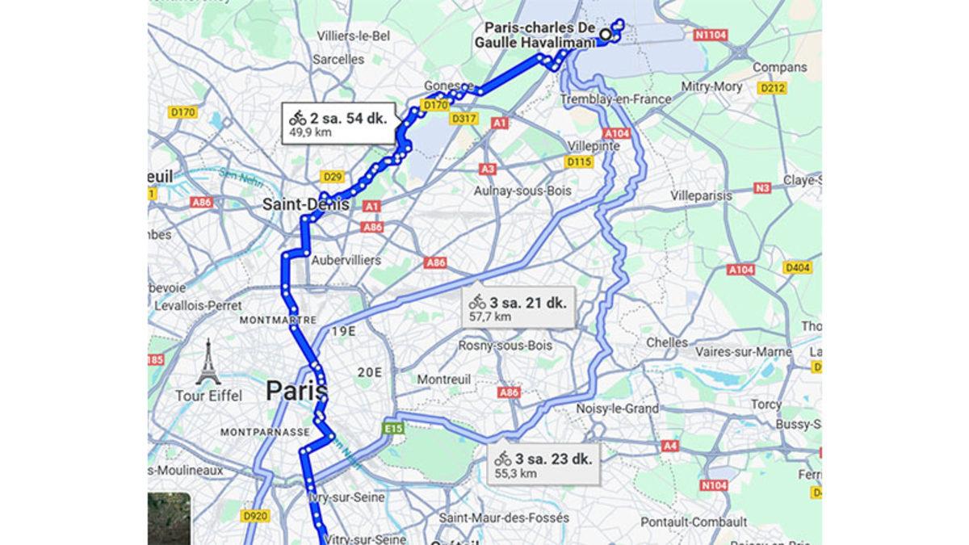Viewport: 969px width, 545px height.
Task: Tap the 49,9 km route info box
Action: click(338, 124)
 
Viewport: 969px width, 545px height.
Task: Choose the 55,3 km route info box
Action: click(545, 465)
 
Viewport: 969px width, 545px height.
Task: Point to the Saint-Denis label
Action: click(306, 205)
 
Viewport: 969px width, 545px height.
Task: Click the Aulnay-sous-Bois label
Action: click(523, 191)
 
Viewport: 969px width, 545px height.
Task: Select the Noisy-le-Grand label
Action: click(618, 409)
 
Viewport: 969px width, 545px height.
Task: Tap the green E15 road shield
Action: click(395, 428)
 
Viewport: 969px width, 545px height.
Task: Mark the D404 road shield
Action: click(798, 267)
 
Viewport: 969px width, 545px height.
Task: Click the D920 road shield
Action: click(254, 514)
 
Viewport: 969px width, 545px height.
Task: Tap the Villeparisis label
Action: click(701, 196)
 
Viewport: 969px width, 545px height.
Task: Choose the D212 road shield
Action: click(773, 88)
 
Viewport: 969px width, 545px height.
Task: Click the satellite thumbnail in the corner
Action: click(169, 518)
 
